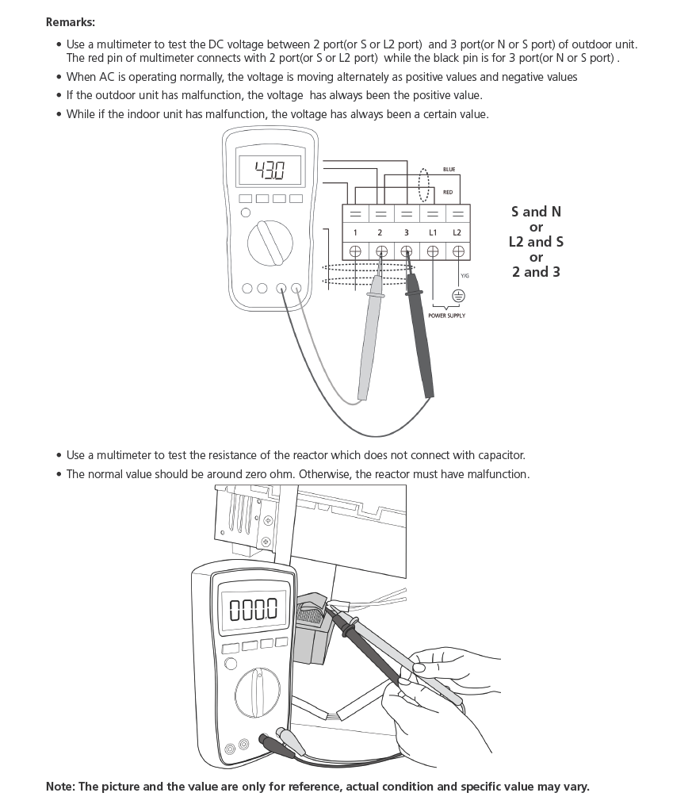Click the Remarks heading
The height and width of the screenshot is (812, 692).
70,22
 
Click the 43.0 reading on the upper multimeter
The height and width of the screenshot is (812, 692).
270,170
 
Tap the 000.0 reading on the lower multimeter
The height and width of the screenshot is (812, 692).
253,610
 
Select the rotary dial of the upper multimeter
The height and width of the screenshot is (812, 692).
271,244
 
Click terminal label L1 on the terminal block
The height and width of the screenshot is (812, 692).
433,232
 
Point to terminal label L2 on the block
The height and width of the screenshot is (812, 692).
457,232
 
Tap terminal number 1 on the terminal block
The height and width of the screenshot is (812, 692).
355,232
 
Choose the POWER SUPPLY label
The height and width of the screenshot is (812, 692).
446,316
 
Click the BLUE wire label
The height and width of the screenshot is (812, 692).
449,169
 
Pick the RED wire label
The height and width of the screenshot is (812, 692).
448,192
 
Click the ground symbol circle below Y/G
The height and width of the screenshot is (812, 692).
458,296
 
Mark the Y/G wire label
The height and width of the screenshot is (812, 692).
465,275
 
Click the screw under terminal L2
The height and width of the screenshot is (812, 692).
458,251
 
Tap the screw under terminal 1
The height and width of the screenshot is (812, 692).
355,251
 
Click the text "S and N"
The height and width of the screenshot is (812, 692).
536,212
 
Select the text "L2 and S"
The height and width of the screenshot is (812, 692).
536,242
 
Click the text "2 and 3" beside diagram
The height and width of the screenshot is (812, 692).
536,272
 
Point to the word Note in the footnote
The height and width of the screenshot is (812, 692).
59,787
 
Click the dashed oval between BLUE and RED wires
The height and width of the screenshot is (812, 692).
424,184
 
